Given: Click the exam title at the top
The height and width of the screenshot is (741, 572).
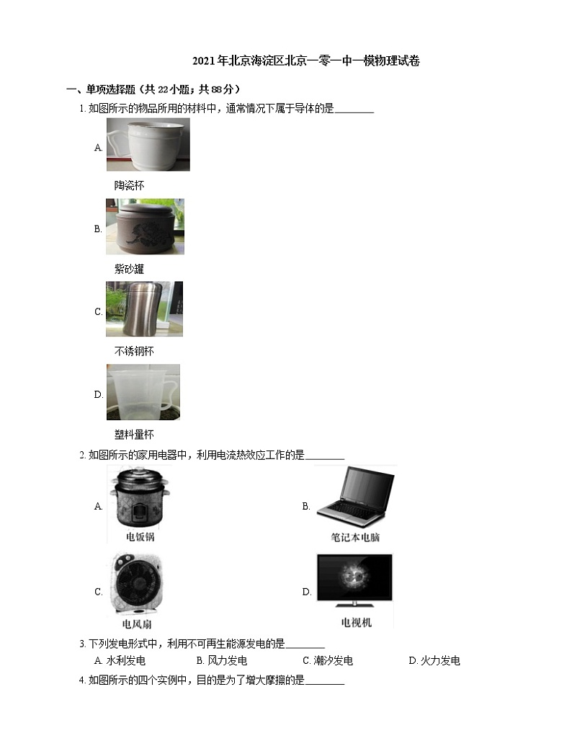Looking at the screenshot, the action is coord(306,61).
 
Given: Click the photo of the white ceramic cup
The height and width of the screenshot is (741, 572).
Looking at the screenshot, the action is coord(148,144).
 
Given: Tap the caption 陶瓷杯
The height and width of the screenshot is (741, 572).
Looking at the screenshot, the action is coord(129,185).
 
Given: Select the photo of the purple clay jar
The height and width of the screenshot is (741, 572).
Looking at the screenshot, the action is coord(145,226).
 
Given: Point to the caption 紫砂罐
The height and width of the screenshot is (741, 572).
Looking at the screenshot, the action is coord(129,269).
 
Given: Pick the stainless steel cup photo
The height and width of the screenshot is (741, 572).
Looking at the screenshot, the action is coord(144,309).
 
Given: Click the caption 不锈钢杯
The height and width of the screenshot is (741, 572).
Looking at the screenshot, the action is coord(134,351).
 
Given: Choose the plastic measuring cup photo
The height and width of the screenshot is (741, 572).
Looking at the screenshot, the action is coord(143,392).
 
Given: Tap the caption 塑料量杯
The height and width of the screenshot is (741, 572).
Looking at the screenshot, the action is coord(134,435).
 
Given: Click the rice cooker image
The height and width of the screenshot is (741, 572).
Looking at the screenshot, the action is coord(140,497).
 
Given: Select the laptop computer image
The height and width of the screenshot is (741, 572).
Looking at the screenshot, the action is coord(356,497).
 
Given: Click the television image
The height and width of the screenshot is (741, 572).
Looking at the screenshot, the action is coord(354,580).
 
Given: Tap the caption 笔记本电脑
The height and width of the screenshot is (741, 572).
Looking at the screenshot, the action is coord(355,537).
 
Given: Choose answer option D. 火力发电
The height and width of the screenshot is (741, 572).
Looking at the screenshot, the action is coord(434,661).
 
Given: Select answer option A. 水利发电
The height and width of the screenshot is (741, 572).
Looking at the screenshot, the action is coord(120,661).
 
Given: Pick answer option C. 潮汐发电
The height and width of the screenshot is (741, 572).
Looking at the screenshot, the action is coord(328,661).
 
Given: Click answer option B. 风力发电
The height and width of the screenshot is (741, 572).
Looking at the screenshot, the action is coord(222,661).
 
